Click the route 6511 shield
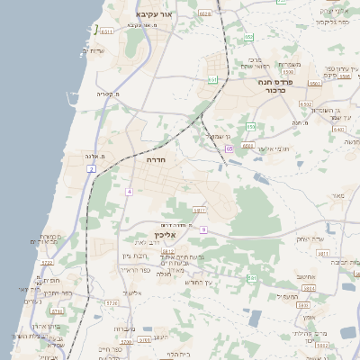click(x=107, y=31)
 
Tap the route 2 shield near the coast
click(x=91, y=168)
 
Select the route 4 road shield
click(x=130, y=192)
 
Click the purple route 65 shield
click(x=229, y=148)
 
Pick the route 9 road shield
click(x=204, y=230)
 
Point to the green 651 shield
click(x=212, y=80)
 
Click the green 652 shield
click(x=250, y=126)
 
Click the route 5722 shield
click(x=48, y=263)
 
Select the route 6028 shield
click(x=205, y=13)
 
